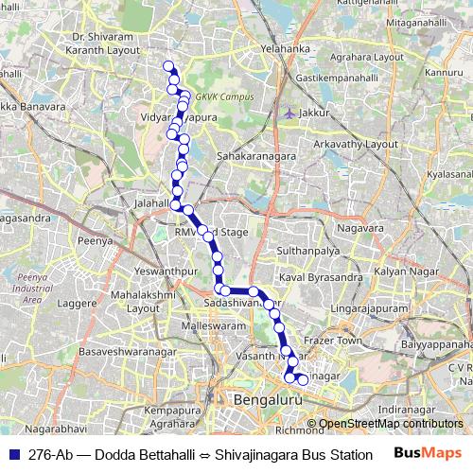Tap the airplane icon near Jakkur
pos(288,114)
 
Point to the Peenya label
pos(96,241)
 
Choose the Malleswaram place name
pos(212,325)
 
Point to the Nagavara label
pos(360,228)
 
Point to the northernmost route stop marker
pos(168,65)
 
